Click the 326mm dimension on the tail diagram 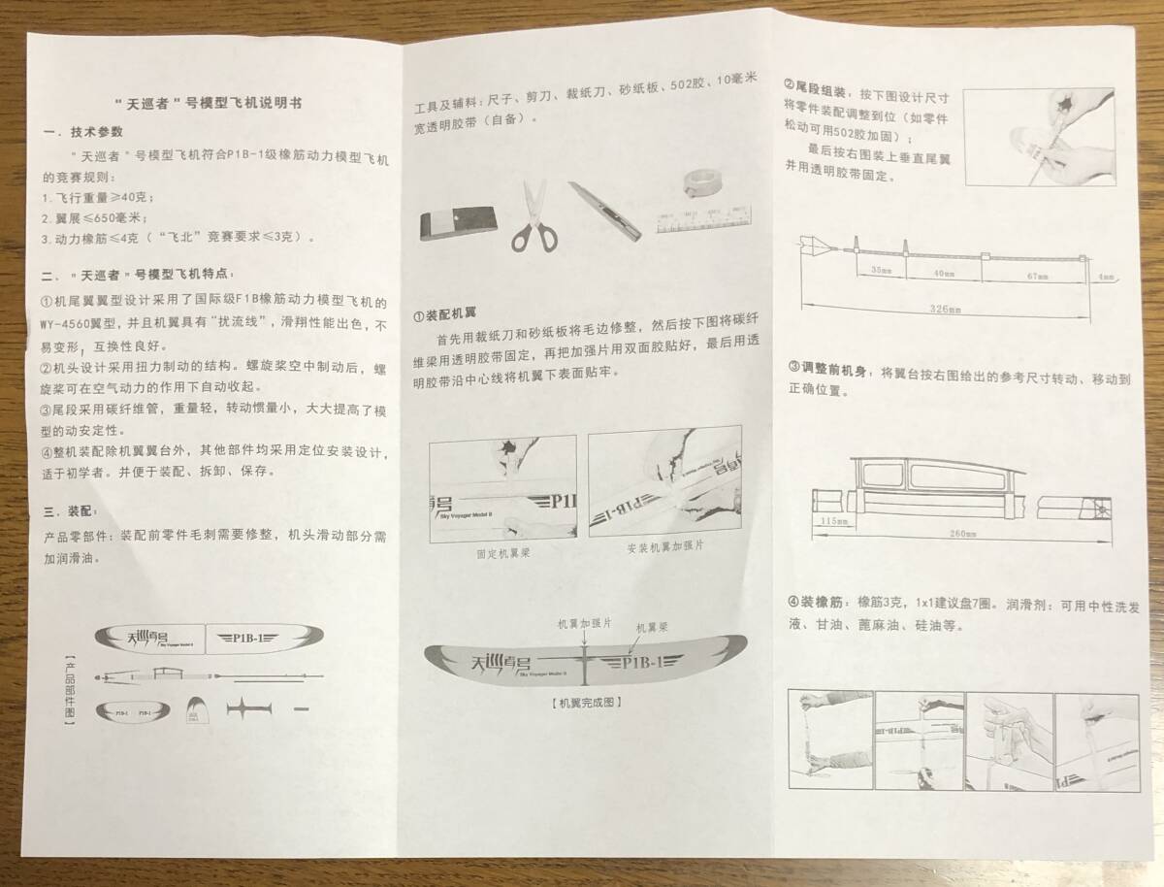coord(946,310)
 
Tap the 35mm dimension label coord(881,268)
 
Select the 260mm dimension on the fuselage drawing coord(963,534)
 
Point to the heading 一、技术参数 coord(83,131)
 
